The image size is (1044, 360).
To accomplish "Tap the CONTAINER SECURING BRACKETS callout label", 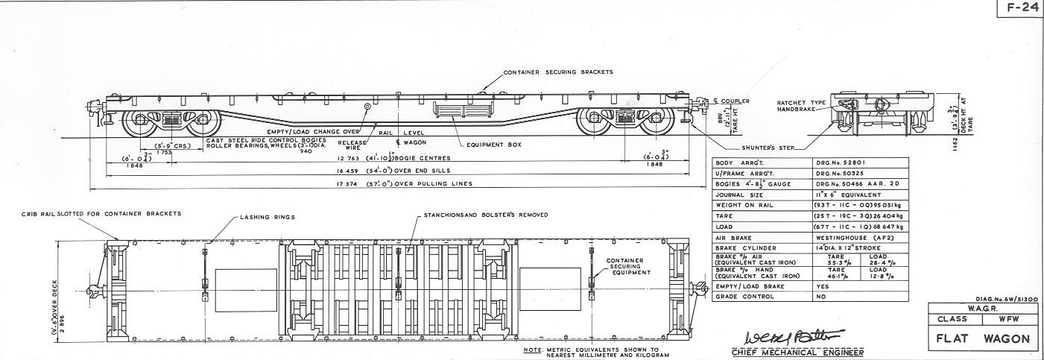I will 558,72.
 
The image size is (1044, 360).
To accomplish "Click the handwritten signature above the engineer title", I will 778,333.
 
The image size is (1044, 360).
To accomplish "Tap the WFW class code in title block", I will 1007,319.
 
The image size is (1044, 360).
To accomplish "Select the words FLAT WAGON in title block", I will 983,338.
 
